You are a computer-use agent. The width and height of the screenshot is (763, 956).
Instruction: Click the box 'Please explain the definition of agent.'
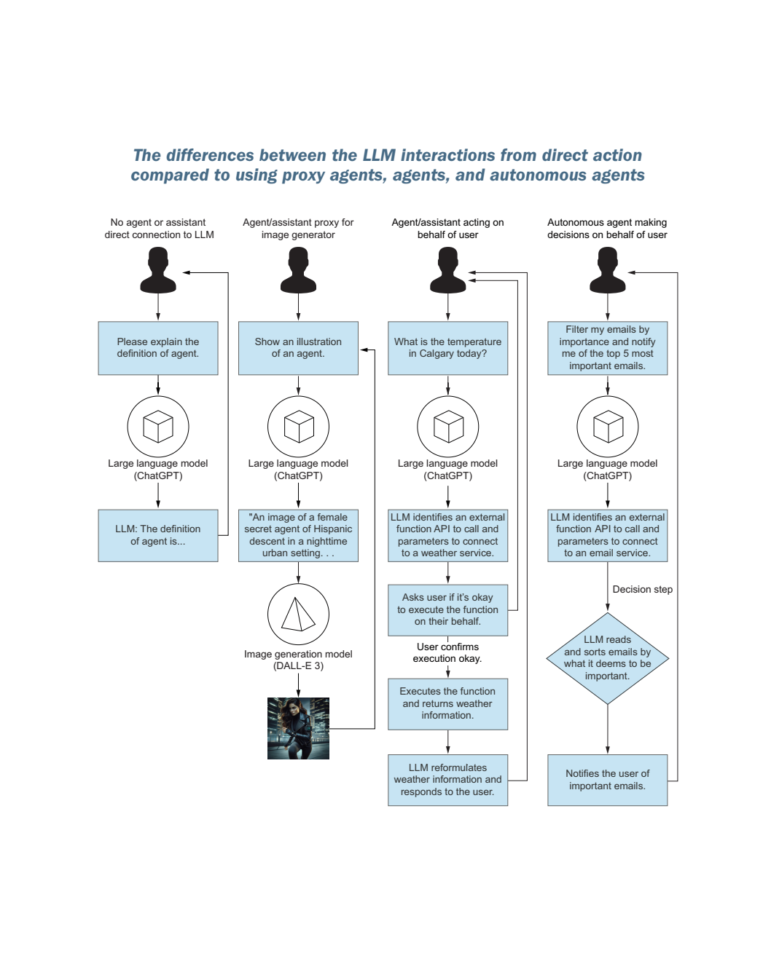point(158,348)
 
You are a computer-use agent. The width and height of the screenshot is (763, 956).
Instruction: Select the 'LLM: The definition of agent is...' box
point(158,535)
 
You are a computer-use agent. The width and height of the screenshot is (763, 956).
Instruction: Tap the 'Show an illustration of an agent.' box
point(298,348)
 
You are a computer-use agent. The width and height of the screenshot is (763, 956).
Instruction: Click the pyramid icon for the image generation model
point(298,615)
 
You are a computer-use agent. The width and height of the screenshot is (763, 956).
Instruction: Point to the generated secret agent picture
point(298,728)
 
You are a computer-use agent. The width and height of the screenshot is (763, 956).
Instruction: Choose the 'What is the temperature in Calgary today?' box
point(447,348)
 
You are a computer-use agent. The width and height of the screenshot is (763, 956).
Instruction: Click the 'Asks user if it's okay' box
point(447,609)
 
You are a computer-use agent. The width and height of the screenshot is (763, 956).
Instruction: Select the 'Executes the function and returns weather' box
point(447,703)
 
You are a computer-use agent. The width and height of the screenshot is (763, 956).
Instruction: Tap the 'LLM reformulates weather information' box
point(447,780)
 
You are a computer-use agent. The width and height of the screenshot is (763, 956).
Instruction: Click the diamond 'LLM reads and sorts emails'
point(607,658)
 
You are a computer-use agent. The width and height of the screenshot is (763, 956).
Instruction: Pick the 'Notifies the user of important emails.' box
point(607,780)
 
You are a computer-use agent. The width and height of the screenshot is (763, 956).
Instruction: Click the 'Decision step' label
point(642,590)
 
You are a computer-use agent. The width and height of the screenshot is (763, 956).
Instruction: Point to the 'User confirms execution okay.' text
point(447,652)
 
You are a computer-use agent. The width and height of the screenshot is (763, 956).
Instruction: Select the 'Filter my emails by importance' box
point(607,348)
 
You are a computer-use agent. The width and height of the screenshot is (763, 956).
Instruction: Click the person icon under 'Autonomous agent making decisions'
point(607,270)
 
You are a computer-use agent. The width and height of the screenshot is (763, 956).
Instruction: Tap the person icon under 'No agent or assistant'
point(158,270)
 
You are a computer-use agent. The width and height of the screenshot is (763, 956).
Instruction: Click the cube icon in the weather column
point(447,427)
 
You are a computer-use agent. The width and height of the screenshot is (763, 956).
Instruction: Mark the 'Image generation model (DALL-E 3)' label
point(298,660)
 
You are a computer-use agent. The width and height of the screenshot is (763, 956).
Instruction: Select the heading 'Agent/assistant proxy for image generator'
point(298,229)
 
